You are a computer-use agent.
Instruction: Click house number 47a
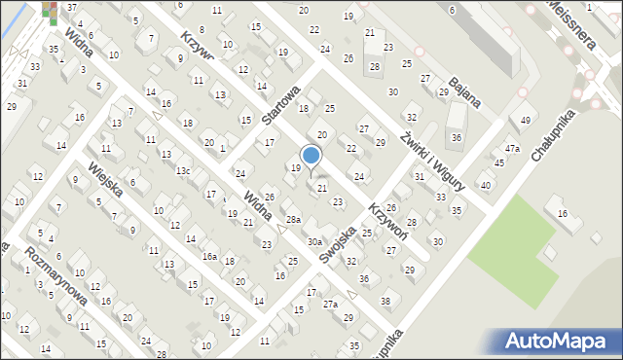tap(512, 149)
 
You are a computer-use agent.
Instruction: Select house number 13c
tap(182, 171)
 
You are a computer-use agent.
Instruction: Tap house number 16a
tap(209, 257)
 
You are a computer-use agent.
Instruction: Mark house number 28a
tap(293, 220)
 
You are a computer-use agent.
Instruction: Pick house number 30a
tap(314, 241)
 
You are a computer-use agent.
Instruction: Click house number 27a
tap(331, 305)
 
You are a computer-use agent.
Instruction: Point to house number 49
tap(526, 121)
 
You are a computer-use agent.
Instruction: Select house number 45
tap(498, 162)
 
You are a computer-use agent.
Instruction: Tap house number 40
tap(485, 185)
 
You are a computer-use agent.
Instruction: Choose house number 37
tap(72, 8)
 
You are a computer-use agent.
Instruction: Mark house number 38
tap(385, 302)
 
